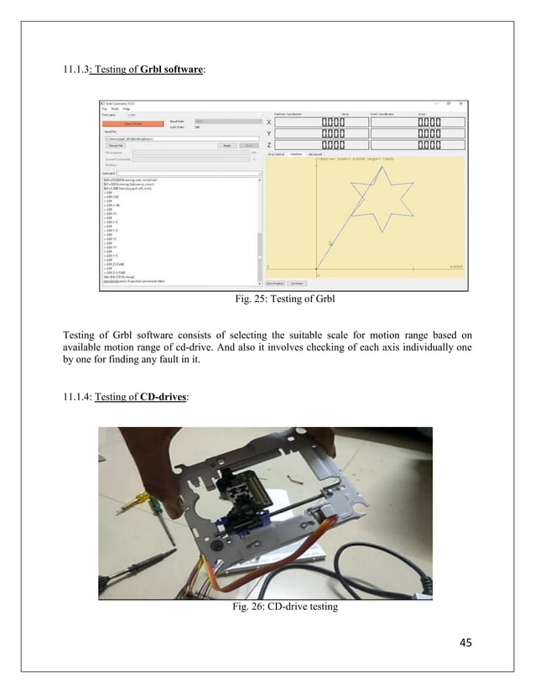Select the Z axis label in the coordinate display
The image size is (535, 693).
(x=268, y=146)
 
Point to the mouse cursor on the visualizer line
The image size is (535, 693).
(x=330, y=243)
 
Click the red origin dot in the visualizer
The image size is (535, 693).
(x=315, y=269)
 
